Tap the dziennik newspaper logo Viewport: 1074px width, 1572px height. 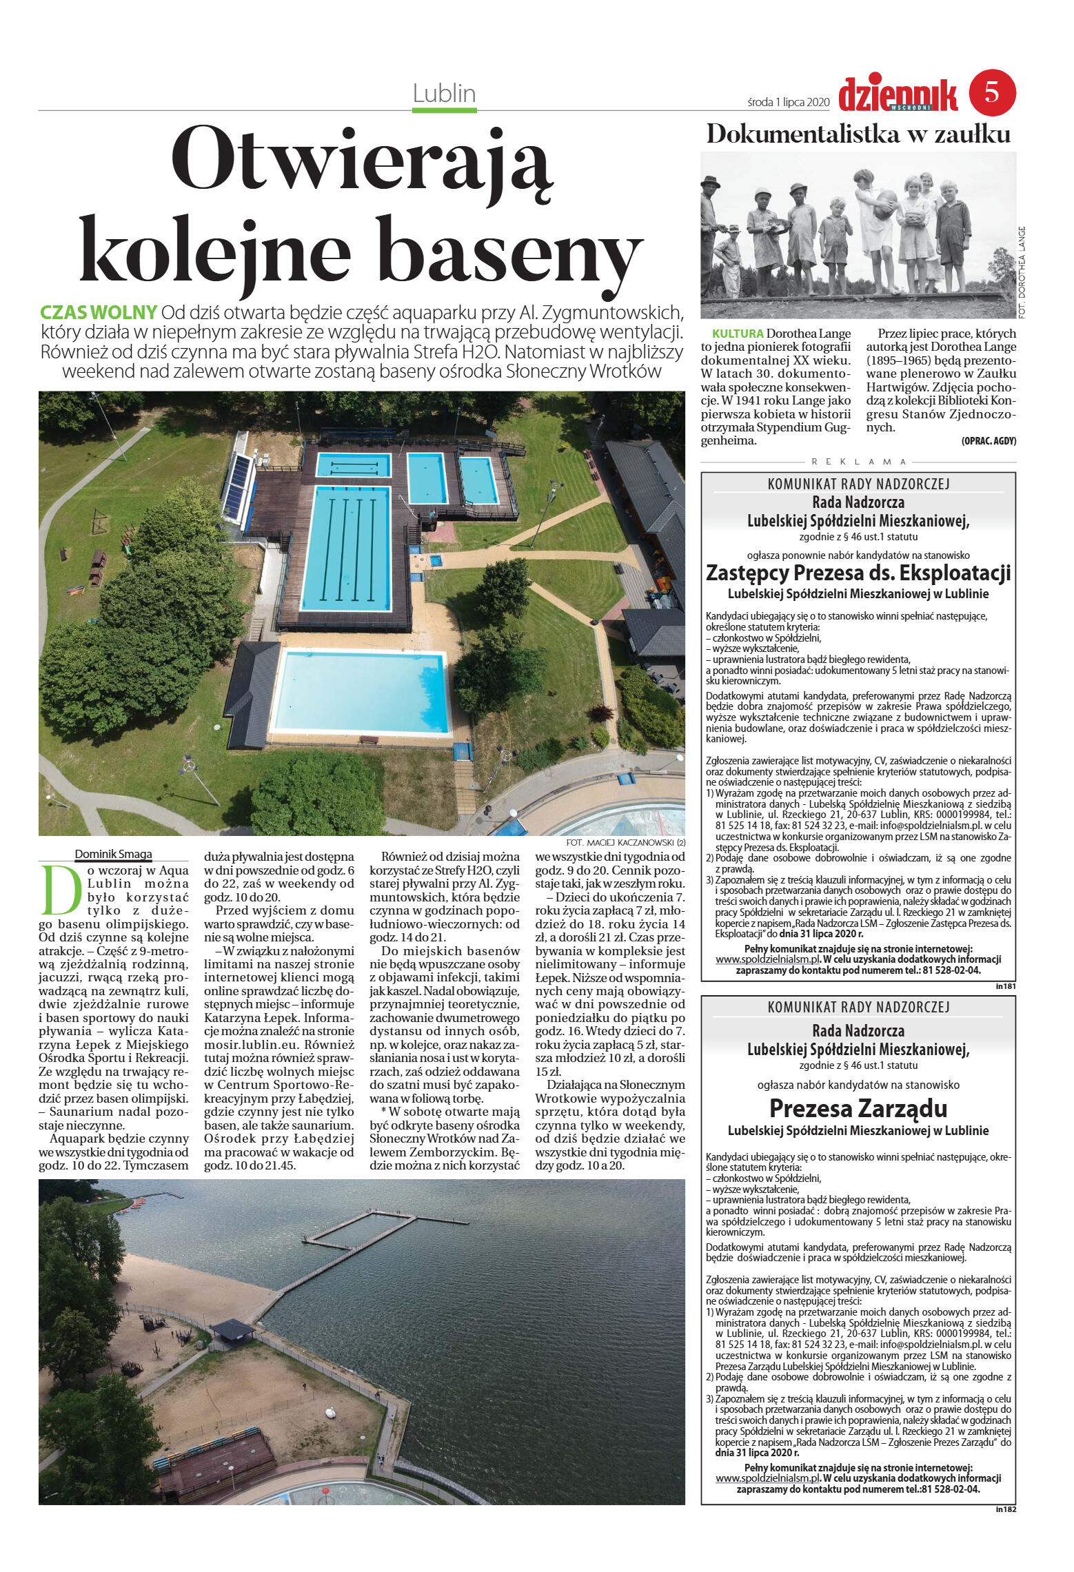pos(898,96)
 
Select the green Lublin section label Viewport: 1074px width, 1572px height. pos(445,94)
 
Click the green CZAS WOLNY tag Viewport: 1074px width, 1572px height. pos(99,312)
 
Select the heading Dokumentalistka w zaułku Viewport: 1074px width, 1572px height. pos(858,134)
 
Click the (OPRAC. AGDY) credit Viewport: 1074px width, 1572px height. pos(989,441)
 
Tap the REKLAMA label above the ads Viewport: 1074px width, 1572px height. pos(858,462)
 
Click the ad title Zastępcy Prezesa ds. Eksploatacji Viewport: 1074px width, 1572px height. pos(858,573)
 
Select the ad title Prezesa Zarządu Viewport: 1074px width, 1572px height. pos(858,1108)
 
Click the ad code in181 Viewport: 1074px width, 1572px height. pos(1006,986)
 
